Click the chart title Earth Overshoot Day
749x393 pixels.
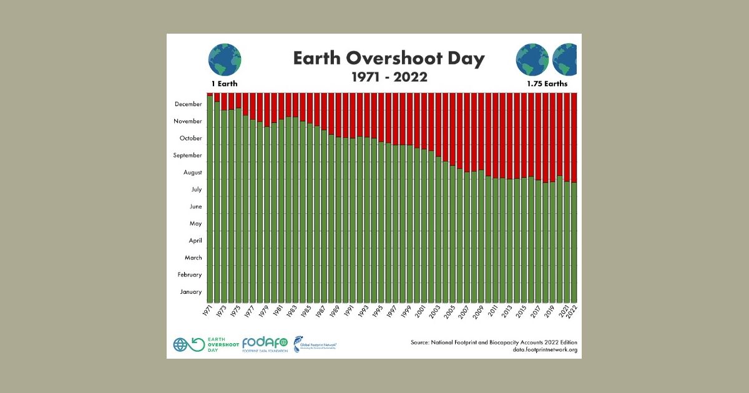388,59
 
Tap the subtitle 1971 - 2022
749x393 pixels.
388,77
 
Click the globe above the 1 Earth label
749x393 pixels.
225,60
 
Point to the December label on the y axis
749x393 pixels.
188,104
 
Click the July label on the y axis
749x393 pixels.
196,189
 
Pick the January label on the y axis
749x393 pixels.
191,291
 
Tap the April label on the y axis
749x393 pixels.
195,240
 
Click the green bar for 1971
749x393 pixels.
210,200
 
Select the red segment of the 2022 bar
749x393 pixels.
574,137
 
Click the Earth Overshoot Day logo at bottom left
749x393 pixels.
198,344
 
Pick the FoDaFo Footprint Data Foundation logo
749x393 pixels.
265,344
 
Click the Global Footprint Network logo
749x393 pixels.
315,344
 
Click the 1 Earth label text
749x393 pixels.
224,83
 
